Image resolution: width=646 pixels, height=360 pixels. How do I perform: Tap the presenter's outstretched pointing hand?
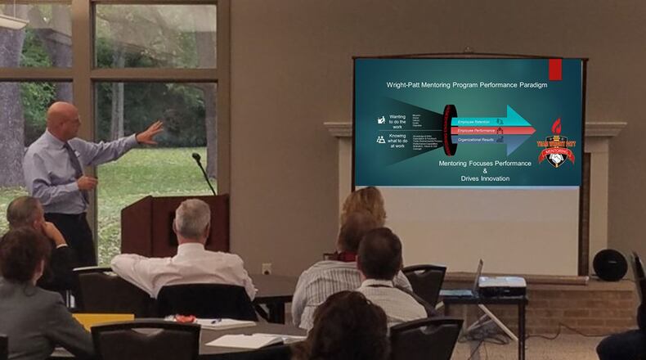[150, 132]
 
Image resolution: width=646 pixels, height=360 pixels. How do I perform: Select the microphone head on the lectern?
[196, 156]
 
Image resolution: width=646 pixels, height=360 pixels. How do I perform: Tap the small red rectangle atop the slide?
[554, 70]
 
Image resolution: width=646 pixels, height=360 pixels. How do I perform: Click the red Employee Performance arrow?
[491, 130]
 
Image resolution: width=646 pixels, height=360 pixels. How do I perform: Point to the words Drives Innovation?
[485, 178]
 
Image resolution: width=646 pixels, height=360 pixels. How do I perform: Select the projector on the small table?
[501, 286]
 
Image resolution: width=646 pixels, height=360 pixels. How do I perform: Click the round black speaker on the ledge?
[609, 264]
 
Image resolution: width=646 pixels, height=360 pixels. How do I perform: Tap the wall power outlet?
[267, 268]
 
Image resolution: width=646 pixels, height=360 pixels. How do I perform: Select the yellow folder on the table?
[102, 321]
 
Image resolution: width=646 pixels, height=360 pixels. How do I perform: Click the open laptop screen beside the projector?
[477, 274]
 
